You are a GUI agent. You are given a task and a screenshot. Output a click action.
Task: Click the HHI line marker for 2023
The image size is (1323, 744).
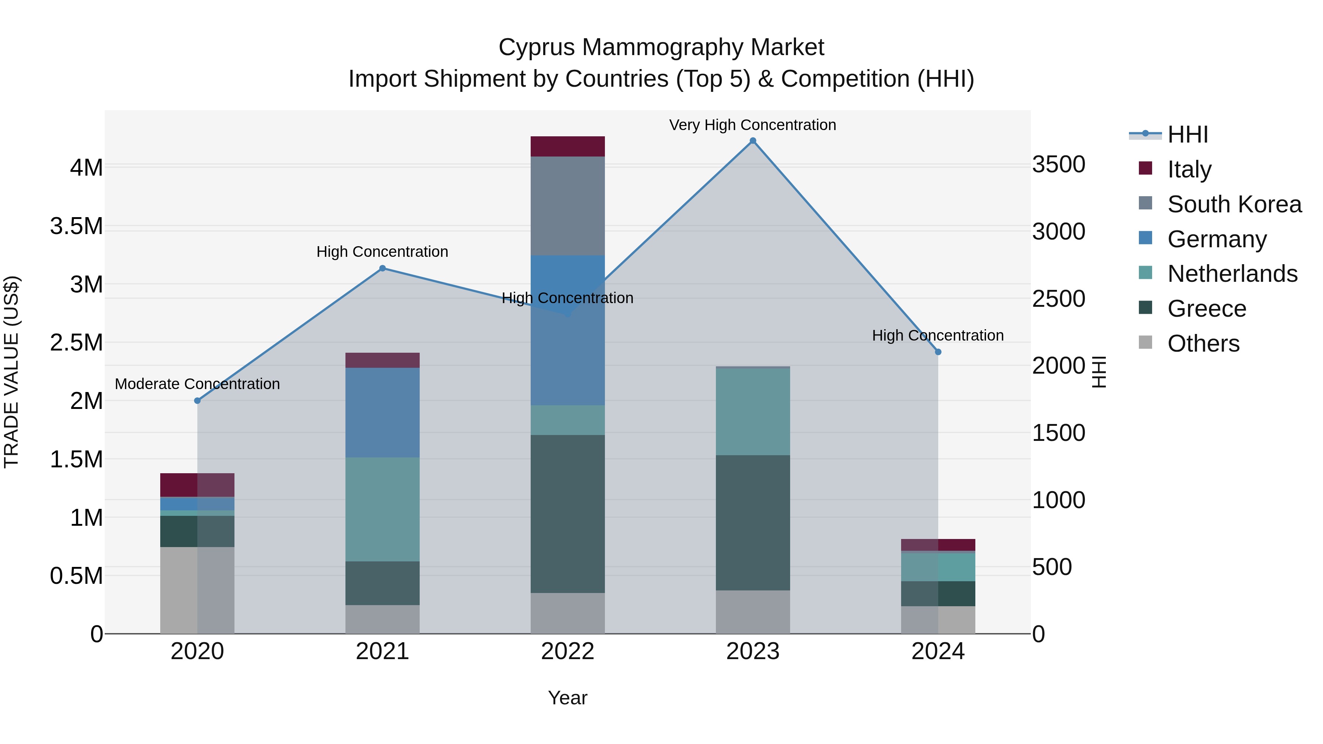pyautogui.click(x=752, y=141)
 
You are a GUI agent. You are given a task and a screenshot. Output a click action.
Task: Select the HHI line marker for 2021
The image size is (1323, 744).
pyautogui.click(x=382, y=268)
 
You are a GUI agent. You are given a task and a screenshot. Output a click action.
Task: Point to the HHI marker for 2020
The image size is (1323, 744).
pyautogui.click(x=197, y=400)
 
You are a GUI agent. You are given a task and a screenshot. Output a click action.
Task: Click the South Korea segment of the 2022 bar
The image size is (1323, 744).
pyautogui.click(x=567, y=205)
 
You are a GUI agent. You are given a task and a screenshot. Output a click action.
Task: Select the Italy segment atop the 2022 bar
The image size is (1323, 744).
pyautogui.click(x=567, y=146)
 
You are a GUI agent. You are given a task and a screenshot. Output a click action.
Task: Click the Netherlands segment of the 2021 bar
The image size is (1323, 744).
pyautogui.click(x=382, y=509)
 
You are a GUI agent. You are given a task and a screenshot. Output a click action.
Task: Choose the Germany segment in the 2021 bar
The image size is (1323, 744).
pyautogui.click(x=382, y=412)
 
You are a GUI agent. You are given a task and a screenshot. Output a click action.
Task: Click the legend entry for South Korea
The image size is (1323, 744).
pyautogui.click(x=1234, y=204)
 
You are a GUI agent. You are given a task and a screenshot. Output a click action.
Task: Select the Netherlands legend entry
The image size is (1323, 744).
pyautogui.click(x=1232, y=274)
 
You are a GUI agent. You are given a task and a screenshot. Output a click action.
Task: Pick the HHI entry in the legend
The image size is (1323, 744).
pyautogui.click(x=1187, y=134)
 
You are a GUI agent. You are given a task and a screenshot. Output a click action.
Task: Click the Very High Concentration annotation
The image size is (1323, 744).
pyautogui.click(x=752, y=125)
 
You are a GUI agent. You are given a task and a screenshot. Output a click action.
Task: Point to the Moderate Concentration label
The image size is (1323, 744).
pyautogui.click(x=197, y=384)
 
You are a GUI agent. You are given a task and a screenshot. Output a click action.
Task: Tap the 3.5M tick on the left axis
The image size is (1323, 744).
pyautogui.click(x=76, y=226)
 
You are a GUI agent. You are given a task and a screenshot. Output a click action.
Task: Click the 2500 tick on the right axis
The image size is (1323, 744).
pyautogui.click(x=1058, y=299)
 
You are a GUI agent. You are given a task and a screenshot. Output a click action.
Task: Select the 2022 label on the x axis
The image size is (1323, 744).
pyautogui.click(x=567, y=651)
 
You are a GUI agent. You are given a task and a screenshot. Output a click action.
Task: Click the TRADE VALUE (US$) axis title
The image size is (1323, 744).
pyautogui.click(x=11, y=372)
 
